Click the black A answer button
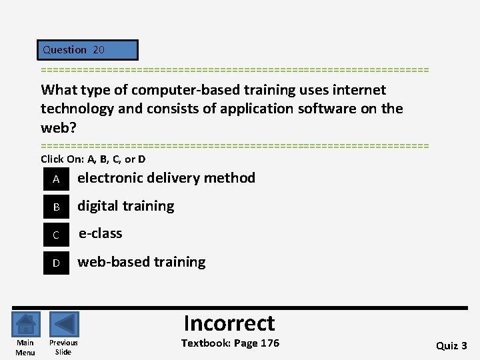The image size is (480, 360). click(x=56, y=179)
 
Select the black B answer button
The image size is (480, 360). click(x=56, y=207)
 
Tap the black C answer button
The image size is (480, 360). click(x=56, y=235)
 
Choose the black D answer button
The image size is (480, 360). click(x=56, y=263)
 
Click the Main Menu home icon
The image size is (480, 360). click(x=25, y=325)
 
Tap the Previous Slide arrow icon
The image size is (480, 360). click(x=64, y=325)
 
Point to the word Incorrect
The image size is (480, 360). click(x=229, y=323)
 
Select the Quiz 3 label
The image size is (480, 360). click(x=451, y=345)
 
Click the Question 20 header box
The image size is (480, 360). click(x=88, y=50)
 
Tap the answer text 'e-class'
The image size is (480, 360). click(x=101, y=233)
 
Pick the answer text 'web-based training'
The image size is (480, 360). click(x=141, y=262)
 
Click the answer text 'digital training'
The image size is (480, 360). click(x=126, y=206)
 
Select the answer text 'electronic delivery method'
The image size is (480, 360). click(x=166, y=178)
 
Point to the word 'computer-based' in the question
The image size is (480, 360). click(x=184, y=90)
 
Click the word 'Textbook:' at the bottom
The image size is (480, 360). click(x=205, y=343)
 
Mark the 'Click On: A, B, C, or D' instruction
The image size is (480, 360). click(x=93, y=159)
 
